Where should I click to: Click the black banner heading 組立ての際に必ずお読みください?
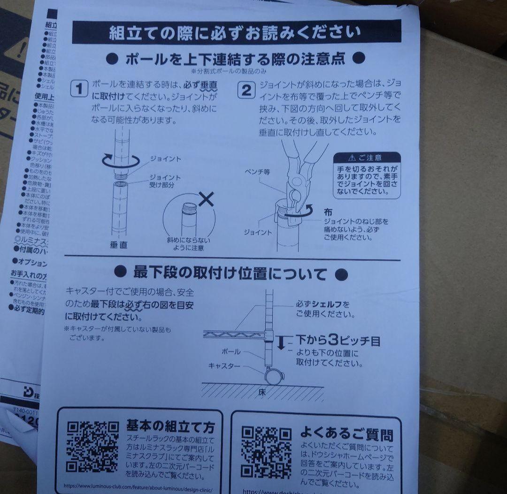pyautogui.click(x=236, y=32)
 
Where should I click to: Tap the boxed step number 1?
pyautogui.click(x=79, y=89)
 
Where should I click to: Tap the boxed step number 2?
pyautogui.click(x=245, y=90)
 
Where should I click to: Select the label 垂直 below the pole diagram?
pyautogui.click(x=118, y=245)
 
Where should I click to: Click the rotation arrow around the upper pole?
pyautogui.click(x=121, y=161)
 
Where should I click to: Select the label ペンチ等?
pyautogui.click(x=257, y=172)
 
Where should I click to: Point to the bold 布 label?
pyautogui.click(x=328, y=212)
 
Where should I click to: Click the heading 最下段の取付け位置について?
pyautogui.click(x=230, y=273)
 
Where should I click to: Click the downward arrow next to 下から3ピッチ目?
pyautogui.click(x=281, y=342)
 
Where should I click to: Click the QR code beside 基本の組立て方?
pyautogui.click(x=92, y=446)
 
